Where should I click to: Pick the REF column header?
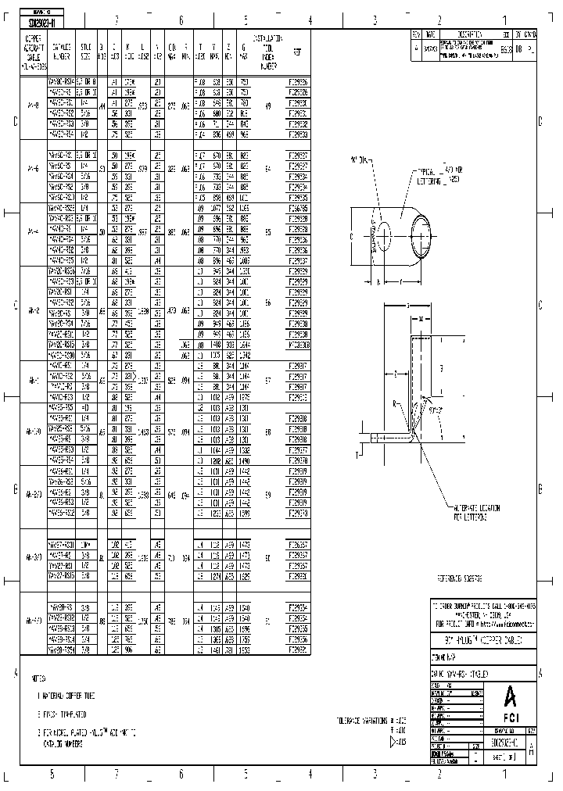[297, 52]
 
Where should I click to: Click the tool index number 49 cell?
[268, 106]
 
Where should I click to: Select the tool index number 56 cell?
[268, 301]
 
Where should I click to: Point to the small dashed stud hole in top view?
[385, 234]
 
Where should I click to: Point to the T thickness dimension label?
[358, 453]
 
